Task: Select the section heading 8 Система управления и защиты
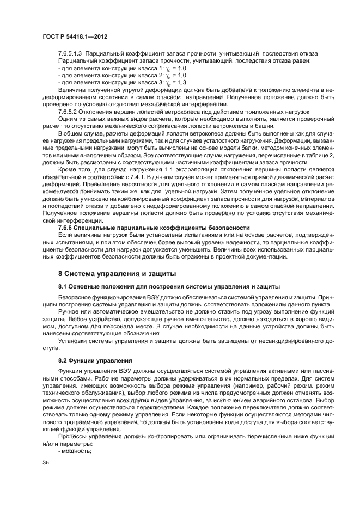pos(116,272)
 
